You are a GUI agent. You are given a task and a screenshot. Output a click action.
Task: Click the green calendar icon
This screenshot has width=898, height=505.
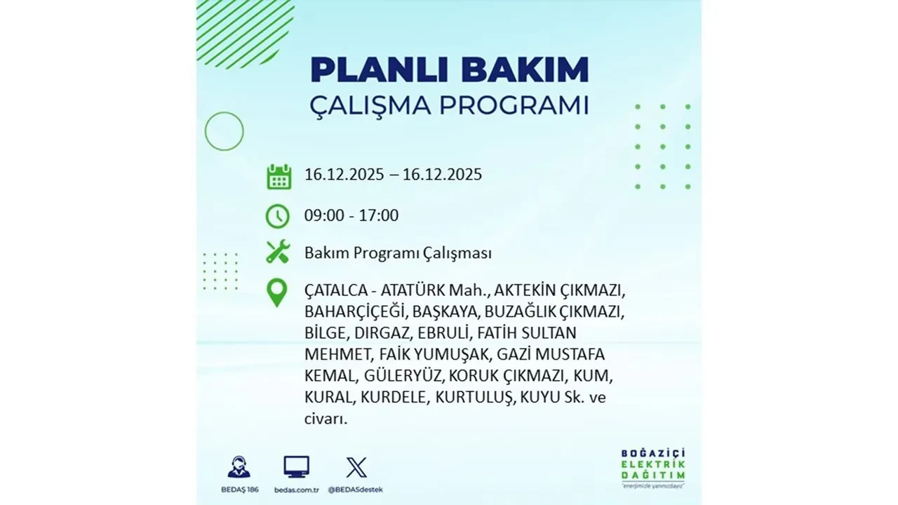tap(279, 176)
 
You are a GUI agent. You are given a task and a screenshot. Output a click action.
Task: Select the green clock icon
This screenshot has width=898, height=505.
tap(278, 216)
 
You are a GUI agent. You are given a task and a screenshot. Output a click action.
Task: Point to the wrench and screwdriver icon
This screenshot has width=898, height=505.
tap(278, 252)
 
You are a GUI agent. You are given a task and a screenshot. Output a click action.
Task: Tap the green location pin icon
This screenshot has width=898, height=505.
tap(278, 292)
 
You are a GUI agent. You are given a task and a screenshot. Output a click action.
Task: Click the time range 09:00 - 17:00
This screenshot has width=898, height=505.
tap(351, 215)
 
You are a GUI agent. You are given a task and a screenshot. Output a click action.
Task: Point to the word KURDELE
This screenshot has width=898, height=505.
tap(394, 397)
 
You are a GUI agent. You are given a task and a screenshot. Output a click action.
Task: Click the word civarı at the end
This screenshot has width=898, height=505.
tap(326, 419)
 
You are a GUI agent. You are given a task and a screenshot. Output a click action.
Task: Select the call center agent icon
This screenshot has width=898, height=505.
tap(239, 467)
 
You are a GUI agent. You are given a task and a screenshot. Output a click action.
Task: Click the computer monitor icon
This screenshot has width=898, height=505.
tap(296, 467)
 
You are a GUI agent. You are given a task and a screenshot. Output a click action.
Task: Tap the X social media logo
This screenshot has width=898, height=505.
tap(356, 467)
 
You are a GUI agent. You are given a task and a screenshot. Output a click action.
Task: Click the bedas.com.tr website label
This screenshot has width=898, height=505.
tap(296, 489)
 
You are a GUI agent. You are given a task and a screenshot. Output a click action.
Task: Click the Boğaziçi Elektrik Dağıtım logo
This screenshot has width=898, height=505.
tap(653, 466)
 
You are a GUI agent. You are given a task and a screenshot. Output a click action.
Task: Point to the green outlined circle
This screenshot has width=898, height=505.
tap(224, 131)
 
